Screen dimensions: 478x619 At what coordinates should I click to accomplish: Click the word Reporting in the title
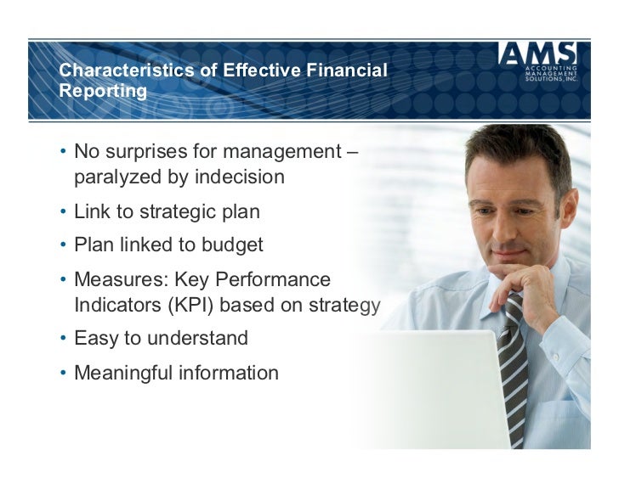point(102,90)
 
